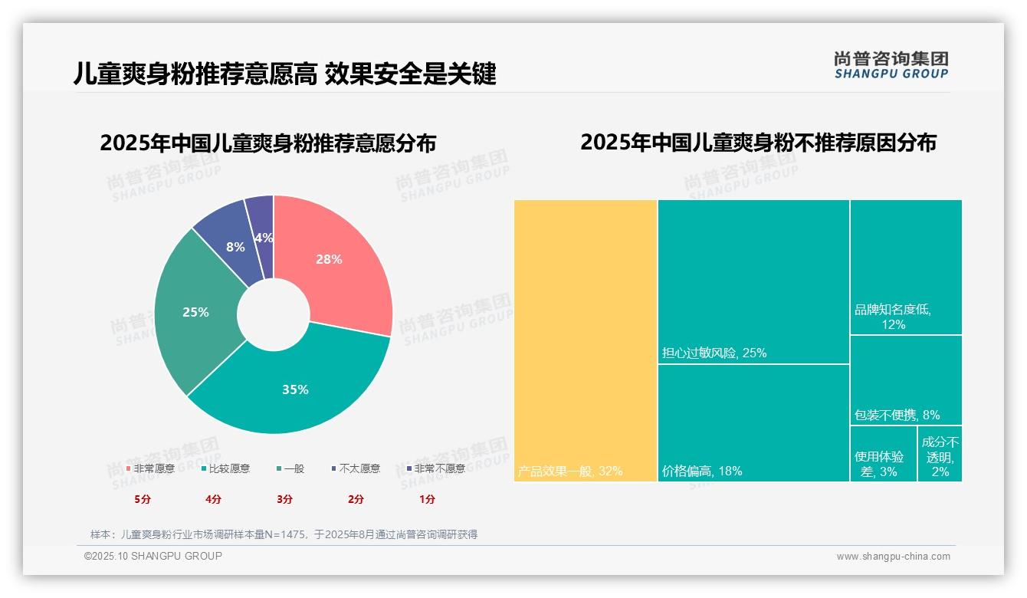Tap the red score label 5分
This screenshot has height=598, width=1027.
point(143,499)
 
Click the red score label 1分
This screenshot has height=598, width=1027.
point(427,499)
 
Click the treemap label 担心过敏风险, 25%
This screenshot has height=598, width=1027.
point(714,353)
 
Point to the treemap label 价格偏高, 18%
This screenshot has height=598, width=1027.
point(702,471)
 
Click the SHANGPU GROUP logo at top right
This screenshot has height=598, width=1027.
point(891,65)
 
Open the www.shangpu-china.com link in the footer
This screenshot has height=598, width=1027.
point(893,557)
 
